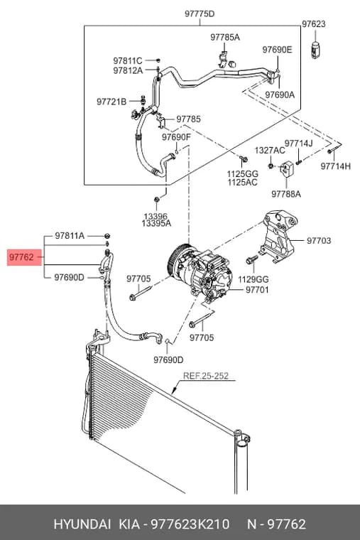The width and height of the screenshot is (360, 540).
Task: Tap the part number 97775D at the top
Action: click(x=200, y=13)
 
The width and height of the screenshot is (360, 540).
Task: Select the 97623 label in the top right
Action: click(x=314, y=23)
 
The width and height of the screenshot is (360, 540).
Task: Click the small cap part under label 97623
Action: click(x=315, y=50)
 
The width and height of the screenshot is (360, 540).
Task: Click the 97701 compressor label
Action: click(x=257, y=290)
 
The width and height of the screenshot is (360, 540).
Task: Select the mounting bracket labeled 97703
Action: click(x=279, y=237)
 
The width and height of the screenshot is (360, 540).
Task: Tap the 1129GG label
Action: click(x=253, y=279)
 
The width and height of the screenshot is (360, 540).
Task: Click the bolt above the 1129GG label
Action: click(x=251, y=259)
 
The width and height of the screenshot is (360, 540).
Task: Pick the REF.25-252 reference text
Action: click(x=205, y=375)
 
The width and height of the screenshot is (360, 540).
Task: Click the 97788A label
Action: click(x=286, y=194)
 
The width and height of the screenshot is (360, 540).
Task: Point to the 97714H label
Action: click(x=336, y=166)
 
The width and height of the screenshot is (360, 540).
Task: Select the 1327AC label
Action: click(x=270, y=151)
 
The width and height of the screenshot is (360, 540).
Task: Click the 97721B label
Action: click(x=111, y=102)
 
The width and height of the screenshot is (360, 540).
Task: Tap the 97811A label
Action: click(x=70, y=236)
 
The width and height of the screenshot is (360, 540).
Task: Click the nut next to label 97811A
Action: click(x=107, y=236)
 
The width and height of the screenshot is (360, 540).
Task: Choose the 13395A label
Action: click(x=156, y=224)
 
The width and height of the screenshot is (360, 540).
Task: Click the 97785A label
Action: click(x=225, y=37)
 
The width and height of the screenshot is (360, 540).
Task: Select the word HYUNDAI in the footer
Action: click(x=82, y=524)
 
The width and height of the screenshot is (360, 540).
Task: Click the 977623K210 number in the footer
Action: click(x=191, y=524)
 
